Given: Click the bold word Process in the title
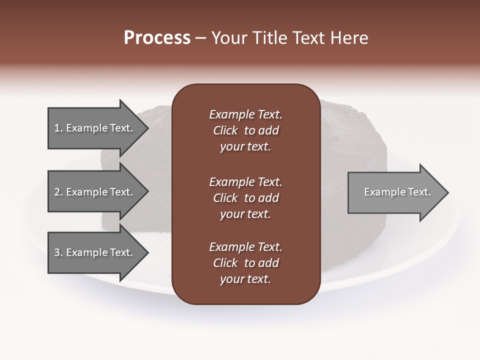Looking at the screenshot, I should (157, 38).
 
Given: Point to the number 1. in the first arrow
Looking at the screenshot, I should (58, 128).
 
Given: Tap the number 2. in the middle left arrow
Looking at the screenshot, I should (58, 192).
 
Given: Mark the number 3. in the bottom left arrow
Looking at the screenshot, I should (58, 252).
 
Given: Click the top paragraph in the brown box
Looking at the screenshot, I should (245, 130).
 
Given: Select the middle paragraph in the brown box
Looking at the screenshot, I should (245, 197).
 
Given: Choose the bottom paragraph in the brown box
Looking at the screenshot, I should (245, 263).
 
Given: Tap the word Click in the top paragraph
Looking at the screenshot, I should (225, 130).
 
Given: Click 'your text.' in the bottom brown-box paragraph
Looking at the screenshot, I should (245, 279).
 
